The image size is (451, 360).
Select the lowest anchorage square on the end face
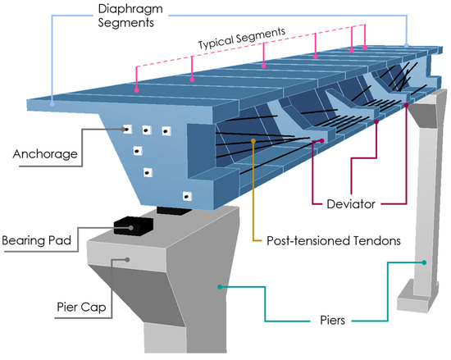(x=186, y=196)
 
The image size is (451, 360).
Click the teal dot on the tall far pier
(x=423, y=263)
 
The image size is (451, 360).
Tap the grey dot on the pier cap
(x=126, y=260)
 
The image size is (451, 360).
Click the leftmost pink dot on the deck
(x=136, y=89)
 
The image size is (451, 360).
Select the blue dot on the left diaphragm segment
(x=53, y=103)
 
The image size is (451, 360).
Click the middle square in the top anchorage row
(x=146, y=130)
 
